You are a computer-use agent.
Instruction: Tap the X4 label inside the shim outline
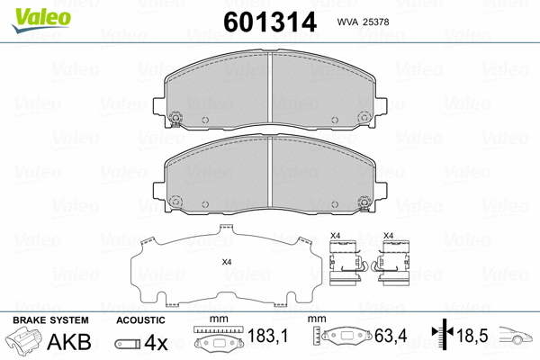point(227,262)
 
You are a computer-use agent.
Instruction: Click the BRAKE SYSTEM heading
point(50,319)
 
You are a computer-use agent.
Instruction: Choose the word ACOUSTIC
point(140,319)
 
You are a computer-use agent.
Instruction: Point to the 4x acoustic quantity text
point(155,343)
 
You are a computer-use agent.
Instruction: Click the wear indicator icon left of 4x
point(127,344)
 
